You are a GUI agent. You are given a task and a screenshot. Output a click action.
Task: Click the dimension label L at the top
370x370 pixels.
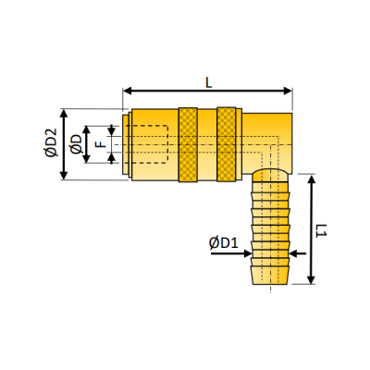pos(209,81)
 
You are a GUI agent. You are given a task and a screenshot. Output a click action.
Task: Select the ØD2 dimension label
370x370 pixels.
pos(51,144)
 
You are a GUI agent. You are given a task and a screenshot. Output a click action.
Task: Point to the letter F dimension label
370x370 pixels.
pos(101,144)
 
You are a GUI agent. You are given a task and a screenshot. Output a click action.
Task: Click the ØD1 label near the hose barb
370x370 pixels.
pos(225,243)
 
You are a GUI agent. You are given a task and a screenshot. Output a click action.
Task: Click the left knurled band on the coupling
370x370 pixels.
pos(188,144)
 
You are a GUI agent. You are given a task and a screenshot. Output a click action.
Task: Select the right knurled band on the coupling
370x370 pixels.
pos(227,144)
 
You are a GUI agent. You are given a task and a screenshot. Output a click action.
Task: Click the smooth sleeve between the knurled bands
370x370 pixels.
pos(207,144)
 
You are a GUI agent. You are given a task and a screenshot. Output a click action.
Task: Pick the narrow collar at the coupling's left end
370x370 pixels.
pos(126,144)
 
